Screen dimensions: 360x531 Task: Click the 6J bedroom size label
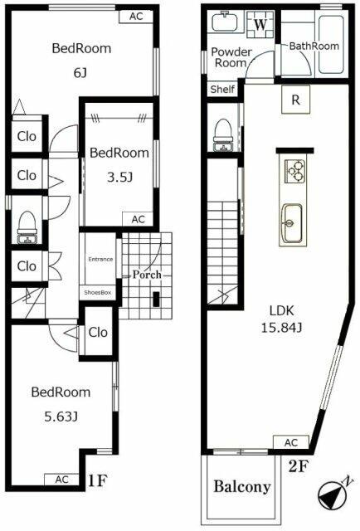(x=80, y=73)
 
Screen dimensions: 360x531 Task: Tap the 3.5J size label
(x=119, y=177)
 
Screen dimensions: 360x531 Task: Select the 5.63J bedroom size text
(x=61, y=417)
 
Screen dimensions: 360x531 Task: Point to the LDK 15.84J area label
(x=281, y=319)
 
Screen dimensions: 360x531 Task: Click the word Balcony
(x=242, y=487)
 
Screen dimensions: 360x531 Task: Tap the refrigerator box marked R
(x=295, y=100)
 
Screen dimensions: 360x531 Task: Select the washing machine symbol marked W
(x=260, y=24)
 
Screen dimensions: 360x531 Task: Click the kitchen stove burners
(x=295, y=171)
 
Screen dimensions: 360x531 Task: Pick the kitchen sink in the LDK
(x=291, y=223)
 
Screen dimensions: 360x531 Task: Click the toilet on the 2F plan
(x=223, y=134)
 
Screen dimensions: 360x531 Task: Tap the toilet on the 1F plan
(x=27, y=227)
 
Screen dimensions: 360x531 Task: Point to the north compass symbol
(x=333, y=494)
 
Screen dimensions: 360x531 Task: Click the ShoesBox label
(x=98, y=293)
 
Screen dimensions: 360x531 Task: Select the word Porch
(x=147, y=275)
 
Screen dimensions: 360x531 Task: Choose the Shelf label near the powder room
(x=222, y=90)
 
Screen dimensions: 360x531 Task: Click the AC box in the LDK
(x=291, y=442)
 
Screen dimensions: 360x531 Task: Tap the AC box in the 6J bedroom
(x=136, y=17)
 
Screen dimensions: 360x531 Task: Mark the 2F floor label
(x=298, y=467)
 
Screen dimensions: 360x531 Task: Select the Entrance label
(x=100, y=260)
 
